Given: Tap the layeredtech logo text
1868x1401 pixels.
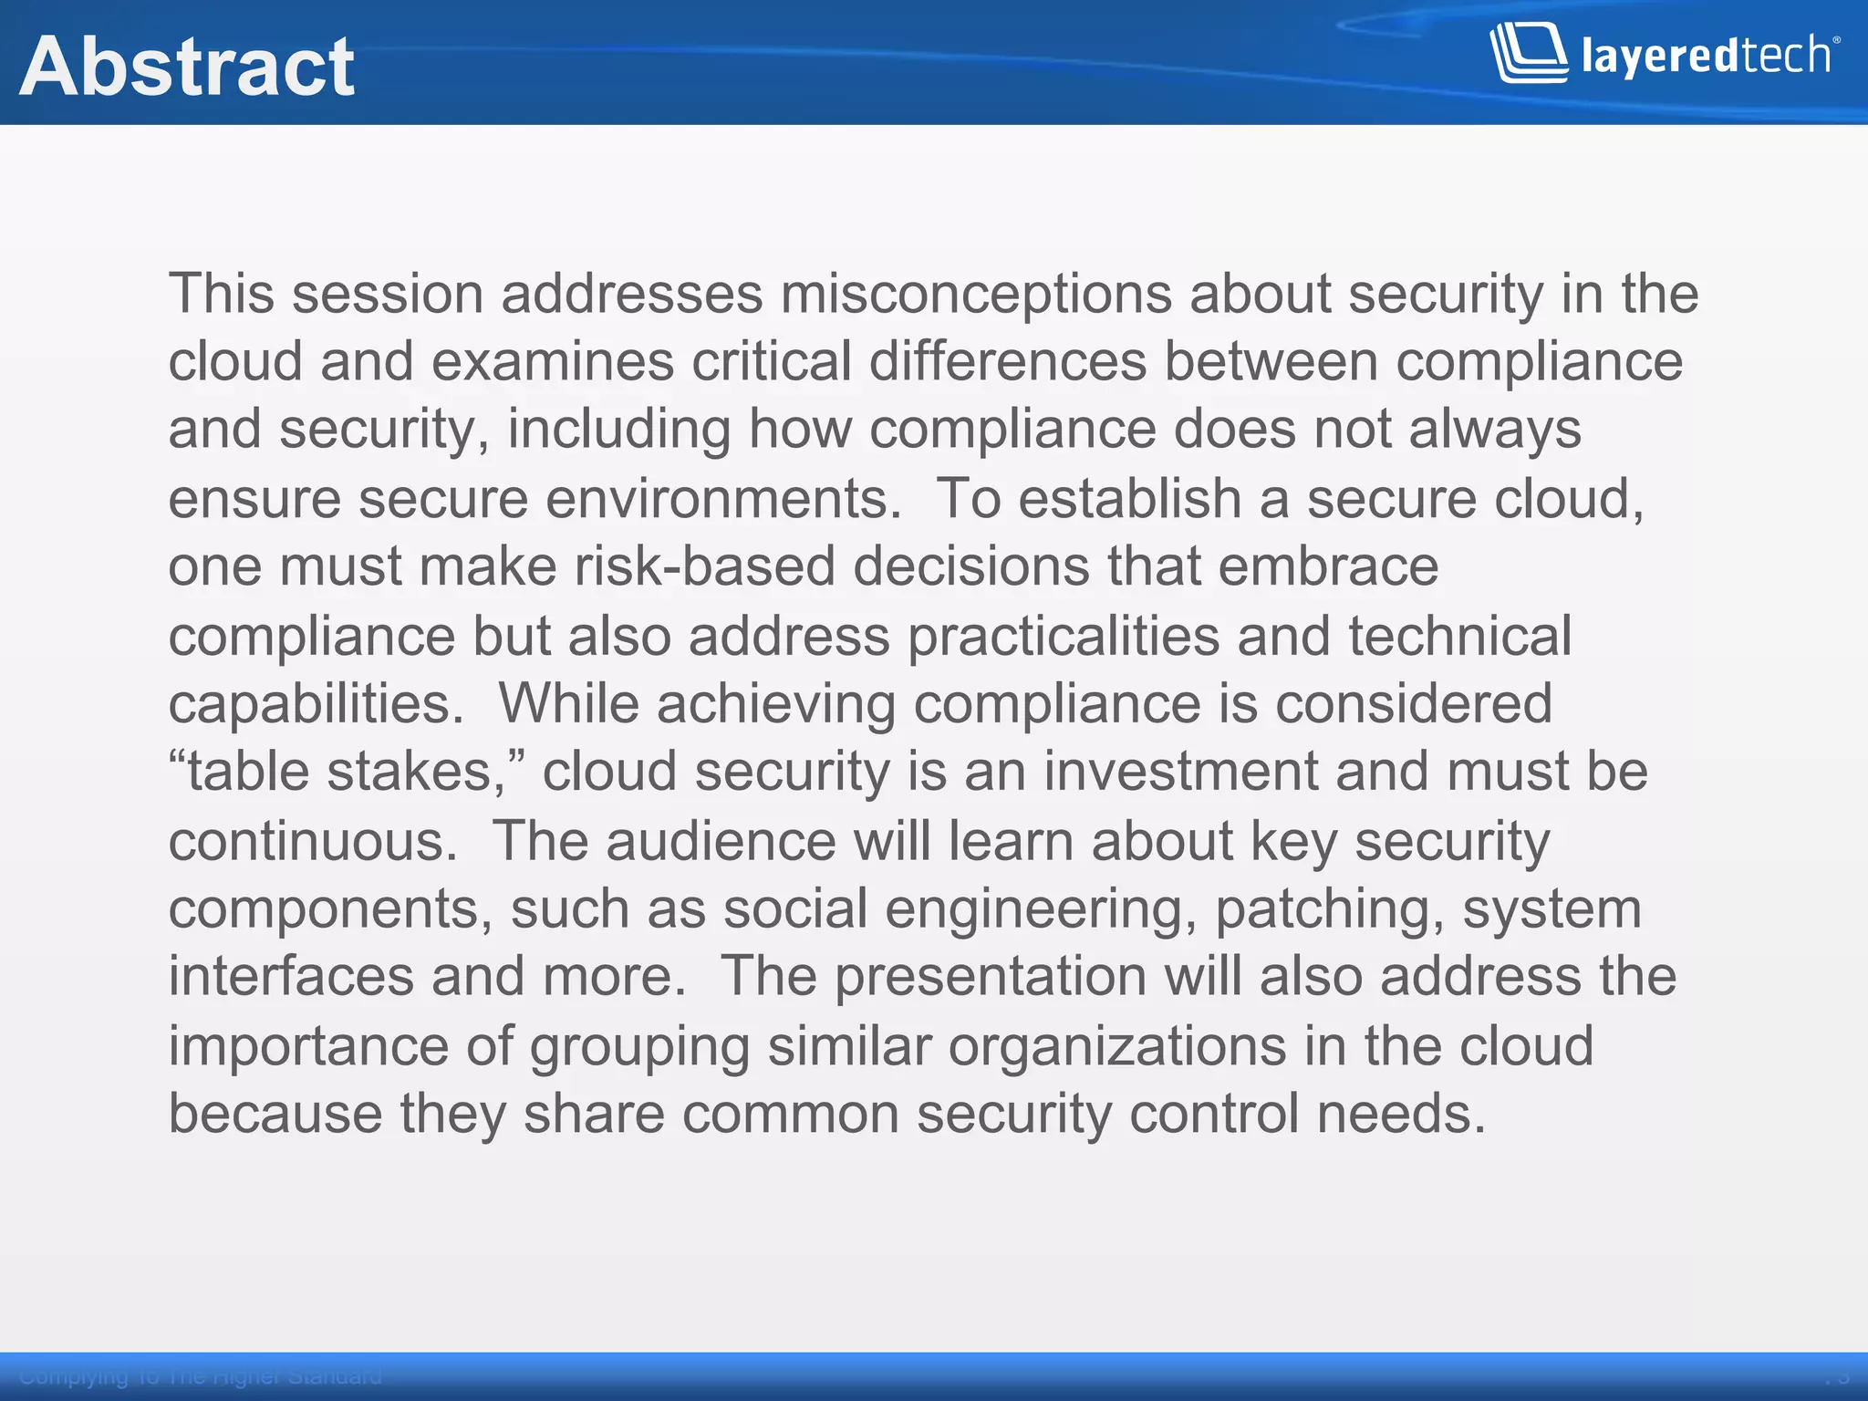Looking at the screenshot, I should [x=1706, y=56].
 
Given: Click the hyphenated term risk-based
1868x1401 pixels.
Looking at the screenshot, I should [x=705, y=566].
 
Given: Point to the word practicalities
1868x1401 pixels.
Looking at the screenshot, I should [x=1064, y=636].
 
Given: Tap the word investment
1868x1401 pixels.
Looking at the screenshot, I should [x=1181, y=772].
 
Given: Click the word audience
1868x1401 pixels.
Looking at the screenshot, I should [x=721, y=841].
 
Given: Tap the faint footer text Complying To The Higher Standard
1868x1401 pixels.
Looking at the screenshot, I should [x=201, y=1376].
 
